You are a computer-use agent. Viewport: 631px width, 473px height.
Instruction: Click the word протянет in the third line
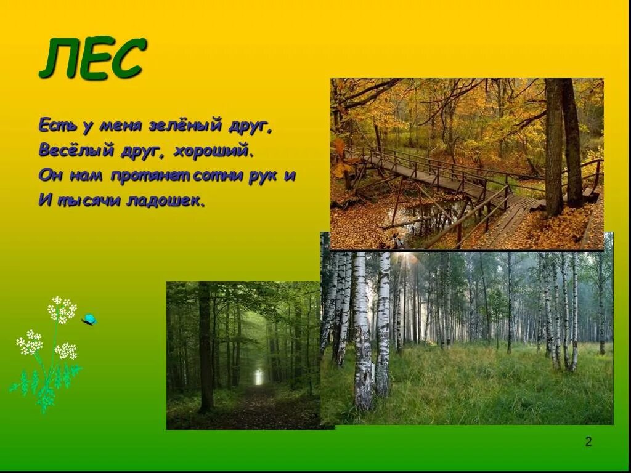pos(150,176)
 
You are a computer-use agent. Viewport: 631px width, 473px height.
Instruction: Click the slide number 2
pos(588,442)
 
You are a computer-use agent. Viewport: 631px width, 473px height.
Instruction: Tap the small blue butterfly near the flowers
pos(89,319)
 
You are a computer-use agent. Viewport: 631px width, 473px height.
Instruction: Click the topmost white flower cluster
pos(62,309)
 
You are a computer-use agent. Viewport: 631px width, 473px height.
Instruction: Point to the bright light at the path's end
pos(259,376)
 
